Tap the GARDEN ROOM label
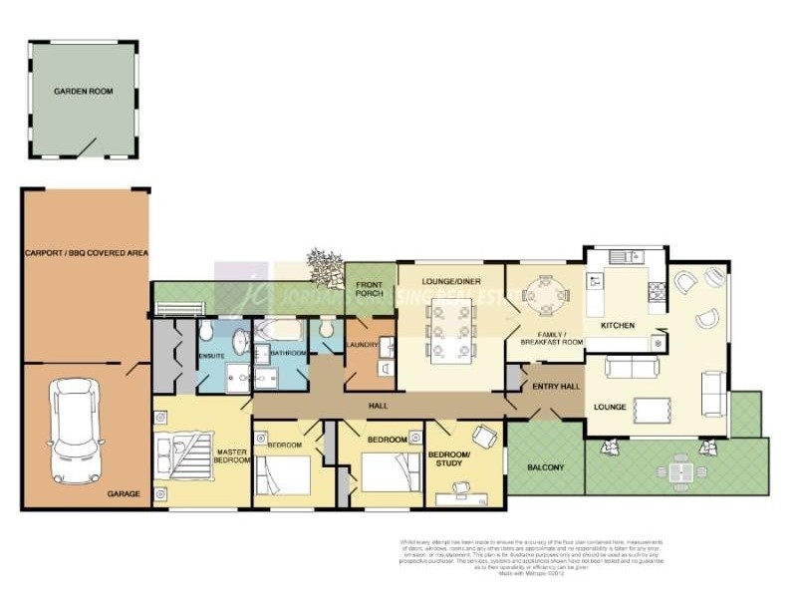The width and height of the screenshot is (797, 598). coord(83,91)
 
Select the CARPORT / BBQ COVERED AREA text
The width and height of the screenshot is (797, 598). coord(86,254)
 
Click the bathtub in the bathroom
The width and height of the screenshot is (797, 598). coord(276,331)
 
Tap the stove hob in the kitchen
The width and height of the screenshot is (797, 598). coord(658,292)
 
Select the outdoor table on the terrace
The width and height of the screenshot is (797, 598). coord(680,468)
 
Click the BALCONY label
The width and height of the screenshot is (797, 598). coord(545,466)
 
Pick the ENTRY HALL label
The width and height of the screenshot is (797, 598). coord(556,386)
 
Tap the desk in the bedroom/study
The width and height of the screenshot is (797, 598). coord(465,487)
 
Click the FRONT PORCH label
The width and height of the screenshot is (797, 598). coord(370,290)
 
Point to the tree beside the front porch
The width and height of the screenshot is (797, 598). coord(322,266)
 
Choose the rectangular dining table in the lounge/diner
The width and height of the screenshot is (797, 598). coord(450,330)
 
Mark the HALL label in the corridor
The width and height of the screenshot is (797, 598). coord(378,406)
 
